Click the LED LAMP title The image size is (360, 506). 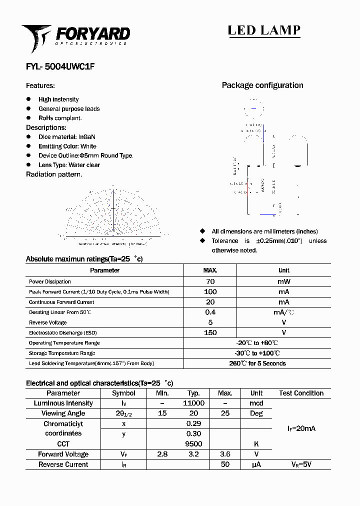coord(264,30)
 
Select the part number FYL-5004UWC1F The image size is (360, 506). coord(56,65)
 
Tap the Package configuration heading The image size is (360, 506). coord(262,85)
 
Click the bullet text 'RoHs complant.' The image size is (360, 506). coord(60,118)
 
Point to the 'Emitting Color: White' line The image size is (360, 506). coord(67,146)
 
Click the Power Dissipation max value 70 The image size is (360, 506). coord(210,281)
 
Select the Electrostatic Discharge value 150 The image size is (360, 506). coord(210,332)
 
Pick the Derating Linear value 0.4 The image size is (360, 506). coord(210,312)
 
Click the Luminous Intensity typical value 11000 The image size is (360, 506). coord(193,403)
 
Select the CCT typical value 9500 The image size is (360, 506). coord(193,444)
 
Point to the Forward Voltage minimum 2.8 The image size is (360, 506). coord(162,454)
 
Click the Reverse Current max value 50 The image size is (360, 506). coord(225,464)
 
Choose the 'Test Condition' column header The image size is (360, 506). coord(301,393)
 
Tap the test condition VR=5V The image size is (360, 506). coord(301,464)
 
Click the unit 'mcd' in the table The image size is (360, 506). coord(256,403)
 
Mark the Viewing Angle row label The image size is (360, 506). coord(63,413)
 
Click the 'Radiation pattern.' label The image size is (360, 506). coord(54,174)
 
